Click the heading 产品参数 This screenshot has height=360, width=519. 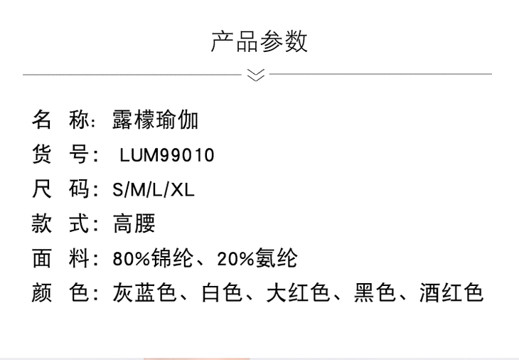click(259, 41)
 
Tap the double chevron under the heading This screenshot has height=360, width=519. click(256, 75)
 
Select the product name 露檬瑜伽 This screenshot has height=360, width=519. click(155, 120)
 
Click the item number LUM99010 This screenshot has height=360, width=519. click(167, 155)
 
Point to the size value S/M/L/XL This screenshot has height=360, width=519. click(154, 190)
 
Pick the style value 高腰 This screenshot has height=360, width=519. click(134, 224)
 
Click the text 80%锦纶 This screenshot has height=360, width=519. click(153, 259)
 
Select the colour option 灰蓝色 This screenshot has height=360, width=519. click(144, 293)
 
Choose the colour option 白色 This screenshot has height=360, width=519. click(222, 293)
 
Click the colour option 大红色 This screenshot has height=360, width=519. click(297, 293)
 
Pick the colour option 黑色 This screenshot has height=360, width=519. click(375, 293)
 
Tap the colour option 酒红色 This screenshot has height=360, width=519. click(451, 293)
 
